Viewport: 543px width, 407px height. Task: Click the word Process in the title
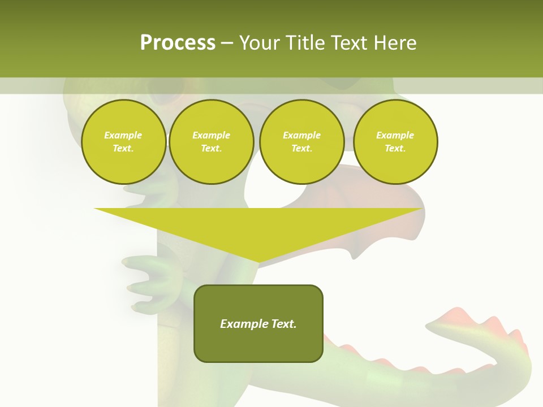tap(178, 43)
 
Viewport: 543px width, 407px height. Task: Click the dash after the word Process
tap(227, 44)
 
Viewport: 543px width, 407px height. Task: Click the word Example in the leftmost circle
tap(123, 135)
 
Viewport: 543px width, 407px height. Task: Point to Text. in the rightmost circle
tap(395, 148)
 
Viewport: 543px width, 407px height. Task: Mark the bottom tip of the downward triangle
tap(258, 262)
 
